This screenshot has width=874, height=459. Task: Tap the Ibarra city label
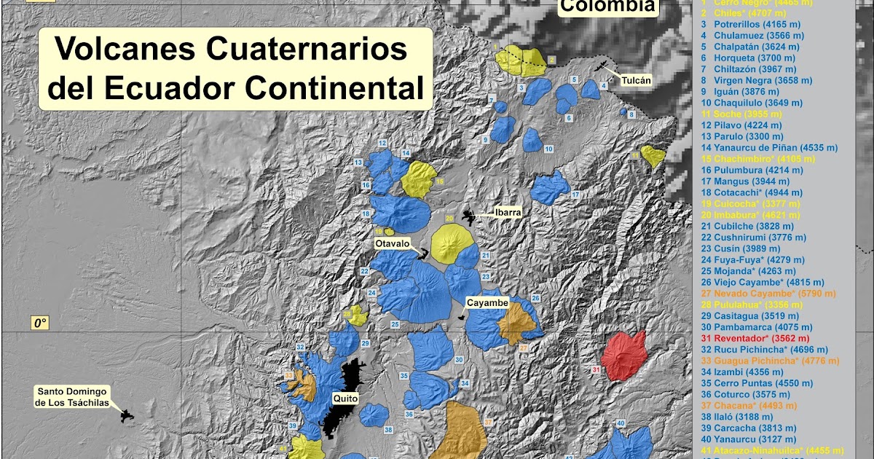(507, 213)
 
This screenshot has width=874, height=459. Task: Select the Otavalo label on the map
(393, 243)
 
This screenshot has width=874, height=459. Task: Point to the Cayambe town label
(487, 302)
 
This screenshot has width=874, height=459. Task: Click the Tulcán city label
(636, 80)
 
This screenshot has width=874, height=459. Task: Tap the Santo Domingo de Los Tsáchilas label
(71, 397)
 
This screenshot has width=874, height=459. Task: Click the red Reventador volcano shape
(624, 355)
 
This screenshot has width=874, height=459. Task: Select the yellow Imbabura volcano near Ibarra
(453, 242)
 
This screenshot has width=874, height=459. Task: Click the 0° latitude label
(38, 323)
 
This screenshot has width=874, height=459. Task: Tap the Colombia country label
(607, 7)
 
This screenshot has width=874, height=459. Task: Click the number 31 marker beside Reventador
(596, 371)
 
